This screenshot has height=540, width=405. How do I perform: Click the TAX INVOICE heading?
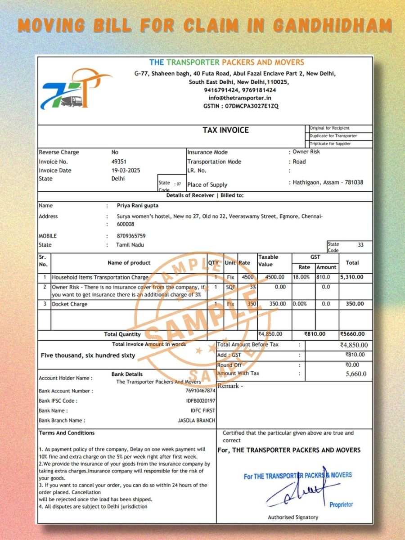(225, 130)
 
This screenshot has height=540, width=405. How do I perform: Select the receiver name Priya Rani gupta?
(137, 206)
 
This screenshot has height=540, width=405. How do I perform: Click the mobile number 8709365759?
(131, 236)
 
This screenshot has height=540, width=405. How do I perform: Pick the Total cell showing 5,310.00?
(352, 277)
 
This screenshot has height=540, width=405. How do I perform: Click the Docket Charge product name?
(69, 304)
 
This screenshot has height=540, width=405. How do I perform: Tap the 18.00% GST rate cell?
(301, 277)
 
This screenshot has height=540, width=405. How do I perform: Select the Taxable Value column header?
(268, 261)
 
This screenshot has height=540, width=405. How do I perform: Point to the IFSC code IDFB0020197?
(201, 401)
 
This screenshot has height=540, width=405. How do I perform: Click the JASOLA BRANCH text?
(197, 421)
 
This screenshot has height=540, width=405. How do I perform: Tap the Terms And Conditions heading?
(67, 433)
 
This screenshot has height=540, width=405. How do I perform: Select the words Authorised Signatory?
(293, 517)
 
